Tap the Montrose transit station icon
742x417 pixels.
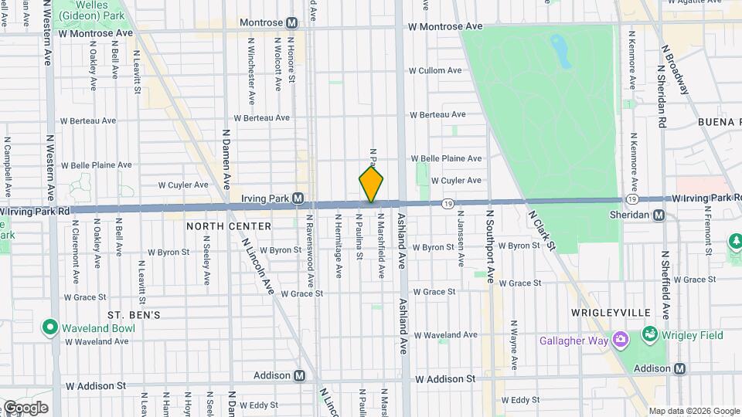(292, 23)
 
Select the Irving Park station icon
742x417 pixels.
(298, 198)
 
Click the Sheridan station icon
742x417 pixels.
(659, 215)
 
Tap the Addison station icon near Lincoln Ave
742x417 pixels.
(299, 376)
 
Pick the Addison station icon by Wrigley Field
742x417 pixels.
(679, 368)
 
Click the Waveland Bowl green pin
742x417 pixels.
(51, 327)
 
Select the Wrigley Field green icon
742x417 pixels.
(649, 335)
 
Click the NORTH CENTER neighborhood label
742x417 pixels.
(229, 226)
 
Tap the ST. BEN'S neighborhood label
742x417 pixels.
(134, 315)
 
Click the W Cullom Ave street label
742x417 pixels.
(435, 70)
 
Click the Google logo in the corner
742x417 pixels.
(25, 407)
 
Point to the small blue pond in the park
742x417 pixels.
(560, 51)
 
